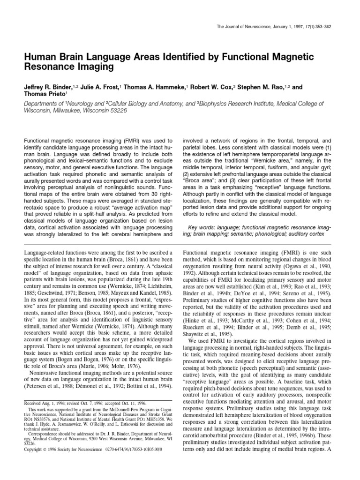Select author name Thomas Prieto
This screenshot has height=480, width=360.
pos(43,94)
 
